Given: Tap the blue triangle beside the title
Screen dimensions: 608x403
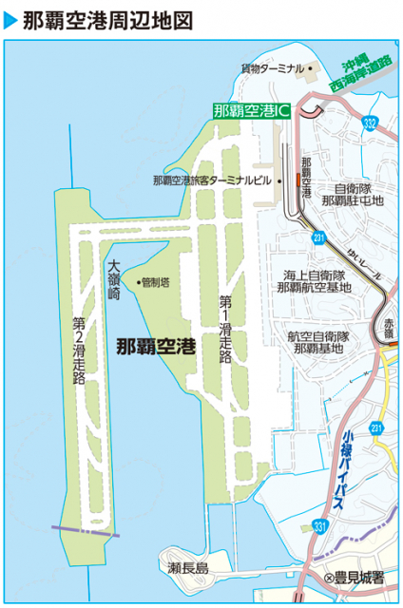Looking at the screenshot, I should (10, 18).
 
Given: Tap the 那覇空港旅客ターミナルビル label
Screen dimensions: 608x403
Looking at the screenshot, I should (213, 180).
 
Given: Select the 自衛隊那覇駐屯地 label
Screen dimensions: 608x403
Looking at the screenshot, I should (352, 194).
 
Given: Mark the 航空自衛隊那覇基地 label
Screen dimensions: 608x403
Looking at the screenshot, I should (319, 342).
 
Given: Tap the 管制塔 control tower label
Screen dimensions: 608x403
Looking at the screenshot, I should (156, 281).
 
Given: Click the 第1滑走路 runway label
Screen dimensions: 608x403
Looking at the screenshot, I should (225, 328).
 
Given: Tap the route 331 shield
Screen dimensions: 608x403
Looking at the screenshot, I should (319, 524).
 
